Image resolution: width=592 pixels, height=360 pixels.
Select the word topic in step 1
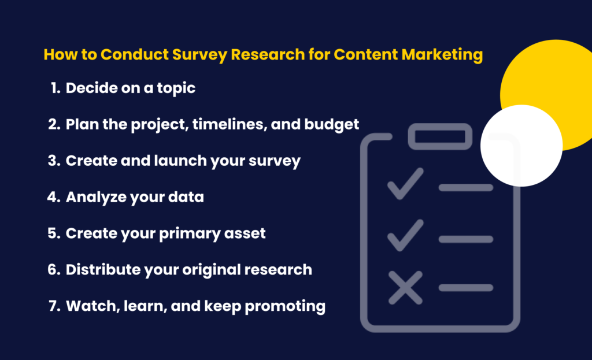pyautogui.click(x=174, y=88)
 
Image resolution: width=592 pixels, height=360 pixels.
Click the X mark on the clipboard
pyautogui.click(x=405, y=287)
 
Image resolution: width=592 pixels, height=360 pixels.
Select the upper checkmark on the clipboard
pyautogui.click(x=405, y=184)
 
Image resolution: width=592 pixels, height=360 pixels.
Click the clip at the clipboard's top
pyautogui.click(x=441, y=136)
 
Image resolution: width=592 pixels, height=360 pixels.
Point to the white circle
pyautogui.click(x=521, y=145)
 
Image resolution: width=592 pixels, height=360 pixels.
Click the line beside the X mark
pyautogui.click(x=465, y=287)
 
